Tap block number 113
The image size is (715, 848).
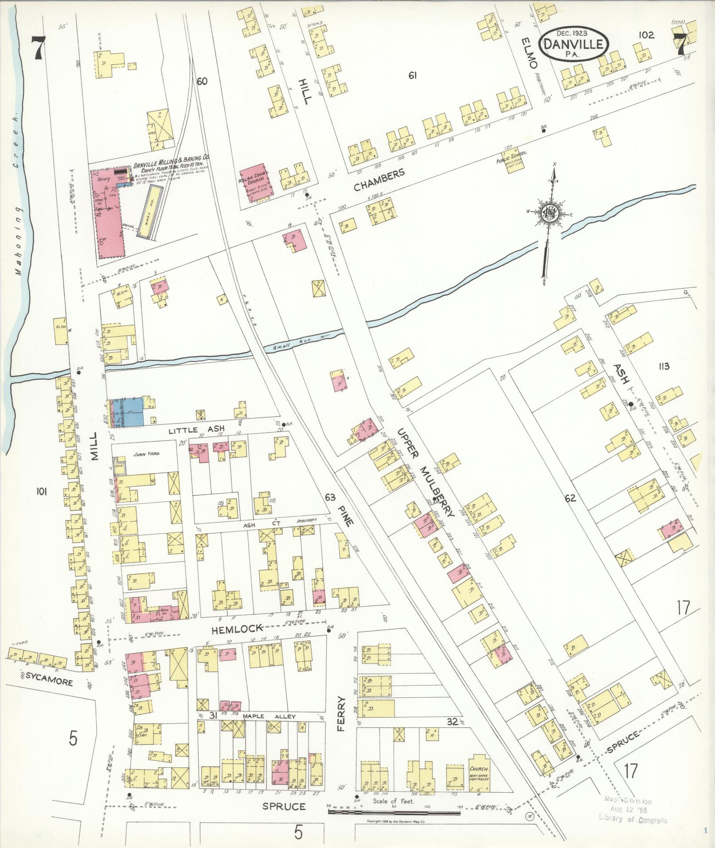(664, 366)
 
